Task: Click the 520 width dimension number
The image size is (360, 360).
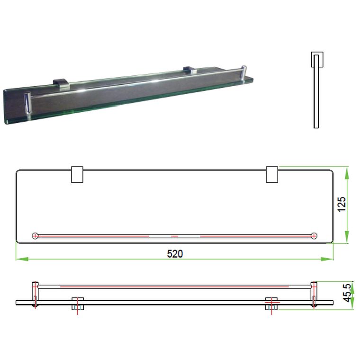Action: pos(175,253)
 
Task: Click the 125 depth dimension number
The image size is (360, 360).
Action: pos(342,205)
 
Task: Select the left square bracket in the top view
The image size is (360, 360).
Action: pos(77,174)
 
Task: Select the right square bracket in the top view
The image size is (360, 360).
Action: pos(272,174)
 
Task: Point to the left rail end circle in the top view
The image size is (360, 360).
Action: pos(35,235)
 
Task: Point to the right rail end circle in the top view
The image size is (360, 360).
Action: pos(314,235)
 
